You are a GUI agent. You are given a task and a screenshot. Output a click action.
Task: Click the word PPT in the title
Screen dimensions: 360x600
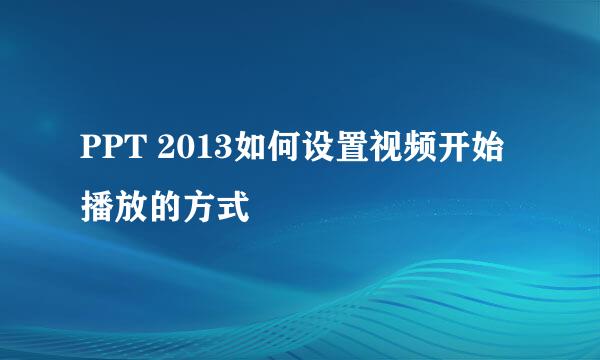click(x=113, y=151)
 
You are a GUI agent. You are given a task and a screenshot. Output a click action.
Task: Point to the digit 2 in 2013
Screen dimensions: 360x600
click(x=168, y=151)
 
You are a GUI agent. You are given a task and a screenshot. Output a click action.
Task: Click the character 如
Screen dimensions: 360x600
click(x=249, y=151)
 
